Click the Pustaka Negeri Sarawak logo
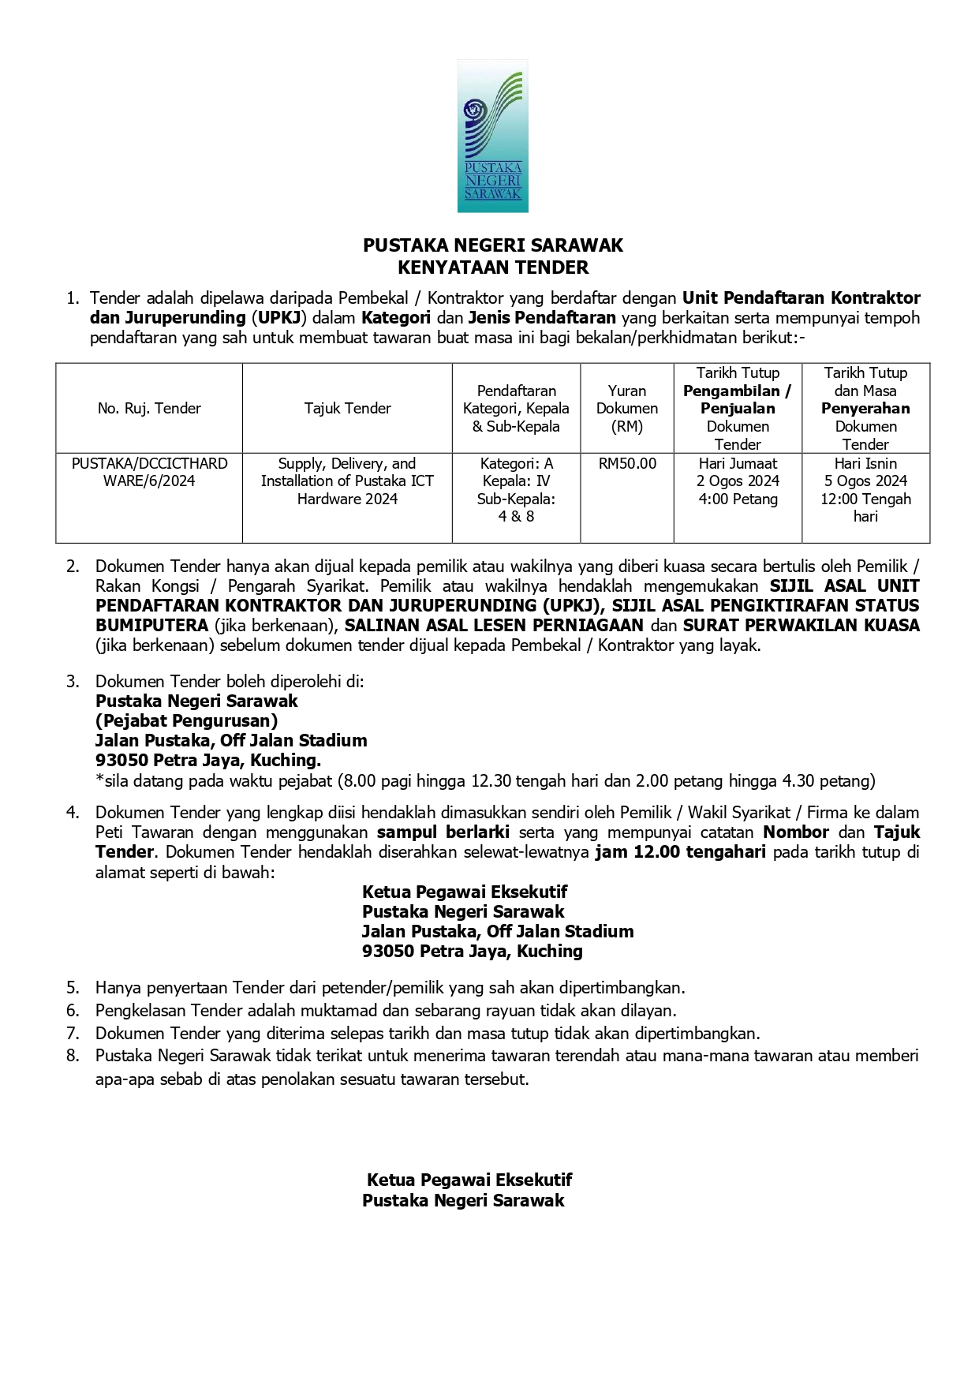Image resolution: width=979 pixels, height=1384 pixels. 493,136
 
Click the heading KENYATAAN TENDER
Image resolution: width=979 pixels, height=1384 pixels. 493,267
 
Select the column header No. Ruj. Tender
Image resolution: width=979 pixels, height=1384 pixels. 149,408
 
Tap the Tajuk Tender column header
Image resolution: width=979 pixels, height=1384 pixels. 347,408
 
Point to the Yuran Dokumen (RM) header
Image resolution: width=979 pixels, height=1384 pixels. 627,408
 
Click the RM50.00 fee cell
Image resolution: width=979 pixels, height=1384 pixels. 627,463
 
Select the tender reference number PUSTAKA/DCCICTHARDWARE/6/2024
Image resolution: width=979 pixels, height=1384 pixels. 149,472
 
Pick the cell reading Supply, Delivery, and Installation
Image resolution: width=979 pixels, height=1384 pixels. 347,481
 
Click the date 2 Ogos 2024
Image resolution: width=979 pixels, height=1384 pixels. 738,481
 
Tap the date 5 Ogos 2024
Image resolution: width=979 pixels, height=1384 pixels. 865,481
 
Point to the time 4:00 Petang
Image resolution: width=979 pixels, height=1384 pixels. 738,499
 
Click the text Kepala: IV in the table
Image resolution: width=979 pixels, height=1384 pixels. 516,481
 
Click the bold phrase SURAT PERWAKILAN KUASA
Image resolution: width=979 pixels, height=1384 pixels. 802,625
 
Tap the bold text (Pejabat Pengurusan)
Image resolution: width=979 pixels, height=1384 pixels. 186,720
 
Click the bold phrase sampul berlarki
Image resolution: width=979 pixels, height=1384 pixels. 443,832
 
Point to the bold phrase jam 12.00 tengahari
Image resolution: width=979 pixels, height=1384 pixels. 680,851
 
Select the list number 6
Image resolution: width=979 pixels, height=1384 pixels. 73,1010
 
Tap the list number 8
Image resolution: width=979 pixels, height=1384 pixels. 73,1056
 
